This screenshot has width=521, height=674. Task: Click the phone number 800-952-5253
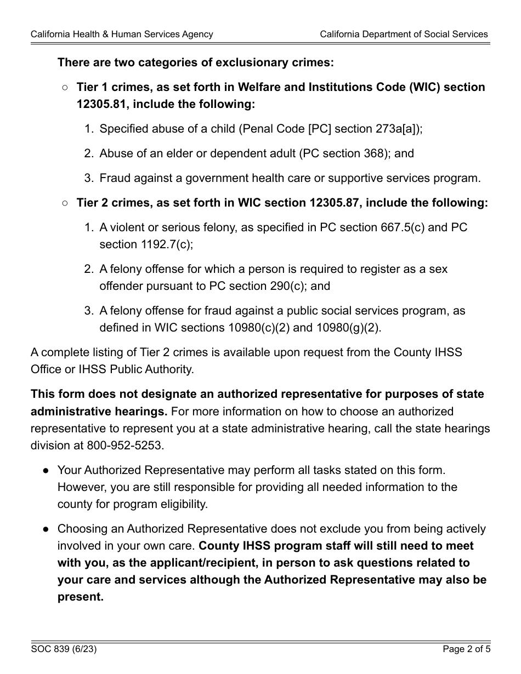tap(124, 445)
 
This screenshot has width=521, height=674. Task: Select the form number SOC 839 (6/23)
tap(64, 650)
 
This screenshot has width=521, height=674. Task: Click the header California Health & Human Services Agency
tap(122, 34)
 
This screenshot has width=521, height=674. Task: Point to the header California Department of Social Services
tap(404, 34)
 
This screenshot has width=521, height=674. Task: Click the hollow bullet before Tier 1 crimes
tap(65, 87)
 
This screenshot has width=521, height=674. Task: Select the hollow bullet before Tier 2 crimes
tap(65, 203)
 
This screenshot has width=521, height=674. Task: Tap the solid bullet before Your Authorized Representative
tap(47, 470)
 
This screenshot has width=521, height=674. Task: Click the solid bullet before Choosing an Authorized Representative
tap(47, 529)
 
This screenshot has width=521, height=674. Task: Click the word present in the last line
tap(80, 597)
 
